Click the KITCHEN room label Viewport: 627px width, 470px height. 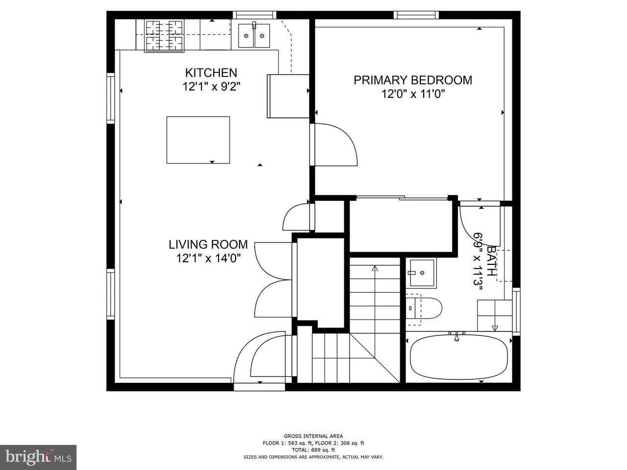click(211, 73)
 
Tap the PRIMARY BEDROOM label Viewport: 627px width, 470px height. click(413, 80)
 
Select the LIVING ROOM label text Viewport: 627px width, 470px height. click(208, 245)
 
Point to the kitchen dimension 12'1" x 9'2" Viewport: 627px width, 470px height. click(211, 87)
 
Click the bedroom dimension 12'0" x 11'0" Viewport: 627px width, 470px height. click(413, 94)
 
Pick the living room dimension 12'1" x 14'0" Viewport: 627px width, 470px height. click(208, 258)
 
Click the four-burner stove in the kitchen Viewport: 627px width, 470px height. click(164, 36)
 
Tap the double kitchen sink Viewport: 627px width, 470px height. click(254, 36)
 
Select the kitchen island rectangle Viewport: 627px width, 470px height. click(198, 140)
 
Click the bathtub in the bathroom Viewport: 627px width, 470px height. click(459, 357)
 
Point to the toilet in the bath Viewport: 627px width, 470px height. click(424, 308)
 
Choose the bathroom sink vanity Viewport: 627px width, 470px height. click(421, 273)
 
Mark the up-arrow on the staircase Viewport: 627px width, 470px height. click(375, 268)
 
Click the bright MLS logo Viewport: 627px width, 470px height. click(38, 456)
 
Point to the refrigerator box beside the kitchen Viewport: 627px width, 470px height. click(289, 96)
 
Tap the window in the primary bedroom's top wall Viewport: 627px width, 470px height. click(416, 15)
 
